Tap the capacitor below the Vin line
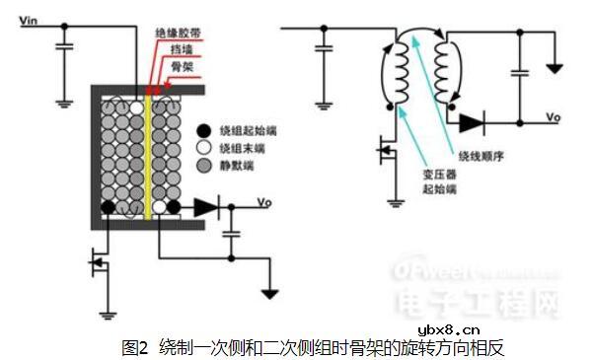(x=65, y=48)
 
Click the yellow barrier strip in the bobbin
(x=148, y=153)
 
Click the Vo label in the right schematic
(x=554, y=115)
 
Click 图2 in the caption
(x=134, y=347)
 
